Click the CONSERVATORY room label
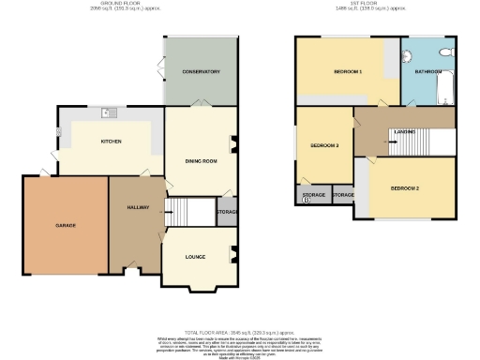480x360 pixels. (201, 71)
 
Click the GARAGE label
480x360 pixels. (65, 225)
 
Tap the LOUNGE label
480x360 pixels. (196, 255)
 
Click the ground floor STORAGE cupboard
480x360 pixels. (227, 212)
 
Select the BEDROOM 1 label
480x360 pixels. (348, 72)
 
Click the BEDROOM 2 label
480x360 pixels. (404, 188)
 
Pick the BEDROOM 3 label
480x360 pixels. (323, 145)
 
